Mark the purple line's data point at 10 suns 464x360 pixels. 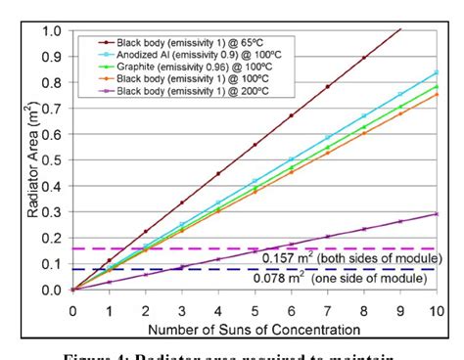pyautogui.click(x=436, y=213)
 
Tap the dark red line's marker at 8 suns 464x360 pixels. pyautogui.click(x=363, y=58)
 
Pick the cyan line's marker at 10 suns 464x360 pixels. pyautogui.click(x=436, y=72)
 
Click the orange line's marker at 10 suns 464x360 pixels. pyautogui.click(x=436, y=94)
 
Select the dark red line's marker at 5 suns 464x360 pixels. pyautogui.click(x=255, y=145)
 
